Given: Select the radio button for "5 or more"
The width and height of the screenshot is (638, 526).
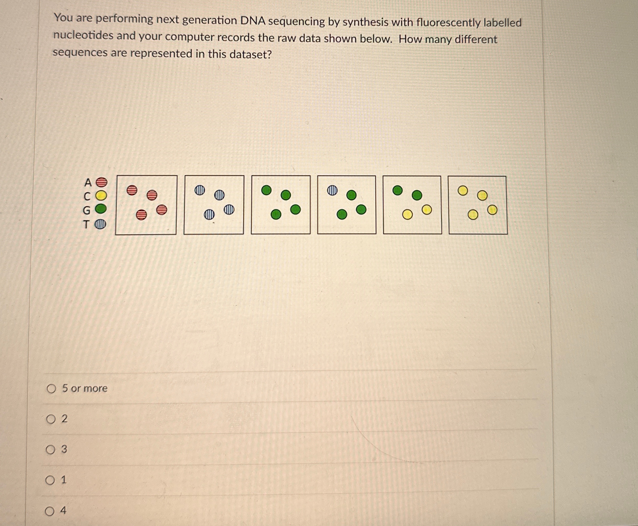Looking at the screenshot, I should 52,389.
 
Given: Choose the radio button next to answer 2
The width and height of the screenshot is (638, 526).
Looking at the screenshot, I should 51,420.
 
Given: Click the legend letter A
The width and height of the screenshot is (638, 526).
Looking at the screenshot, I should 88,183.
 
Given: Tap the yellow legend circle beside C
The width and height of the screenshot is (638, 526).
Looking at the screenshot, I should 101,196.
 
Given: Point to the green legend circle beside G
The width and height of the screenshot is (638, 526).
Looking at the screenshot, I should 101,209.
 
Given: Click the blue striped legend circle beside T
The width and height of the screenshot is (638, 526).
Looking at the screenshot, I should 100,224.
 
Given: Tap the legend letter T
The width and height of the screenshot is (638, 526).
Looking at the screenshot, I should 86,225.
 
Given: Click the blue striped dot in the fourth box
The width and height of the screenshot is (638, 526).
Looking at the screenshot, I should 332,190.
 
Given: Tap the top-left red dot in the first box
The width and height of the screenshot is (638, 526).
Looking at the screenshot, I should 132,190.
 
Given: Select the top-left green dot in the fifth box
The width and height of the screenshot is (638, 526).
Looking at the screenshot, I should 397,190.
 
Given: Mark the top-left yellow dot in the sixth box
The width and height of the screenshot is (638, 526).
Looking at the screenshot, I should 463,191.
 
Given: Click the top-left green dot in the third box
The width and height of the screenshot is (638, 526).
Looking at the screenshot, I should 266,190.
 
